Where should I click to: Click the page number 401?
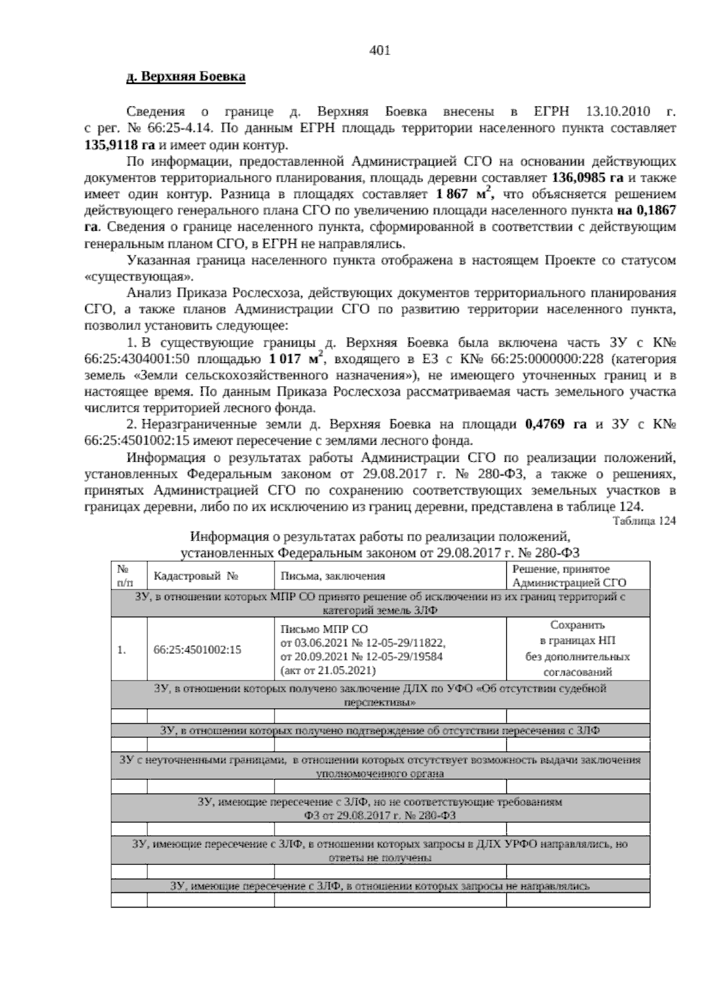(x=379, y=51)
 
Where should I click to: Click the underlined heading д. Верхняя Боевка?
(x=186, y=77)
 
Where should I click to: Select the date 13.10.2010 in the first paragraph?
(x=618, y=112)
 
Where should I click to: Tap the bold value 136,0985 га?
(x=587, y=177)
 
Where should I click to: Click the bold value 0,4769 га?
(x=556, y=424)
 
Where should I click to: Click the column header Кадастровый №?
(x=195, y=576)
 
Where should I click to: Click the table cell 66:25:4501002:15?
(x=197, y=649)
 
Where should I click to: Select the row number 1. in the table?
(x=122, y=649)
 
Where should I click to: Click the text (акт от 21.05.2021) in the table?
(x=328, y=670)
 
